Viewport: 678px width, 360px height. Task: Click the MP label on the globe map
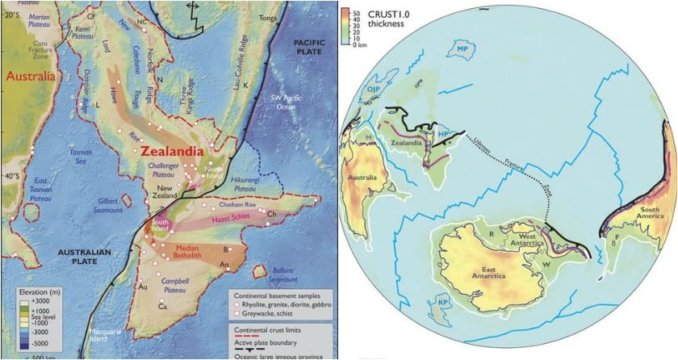(463, 49)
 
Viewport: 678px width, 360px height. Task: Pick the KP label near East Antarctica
(442, 302)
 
